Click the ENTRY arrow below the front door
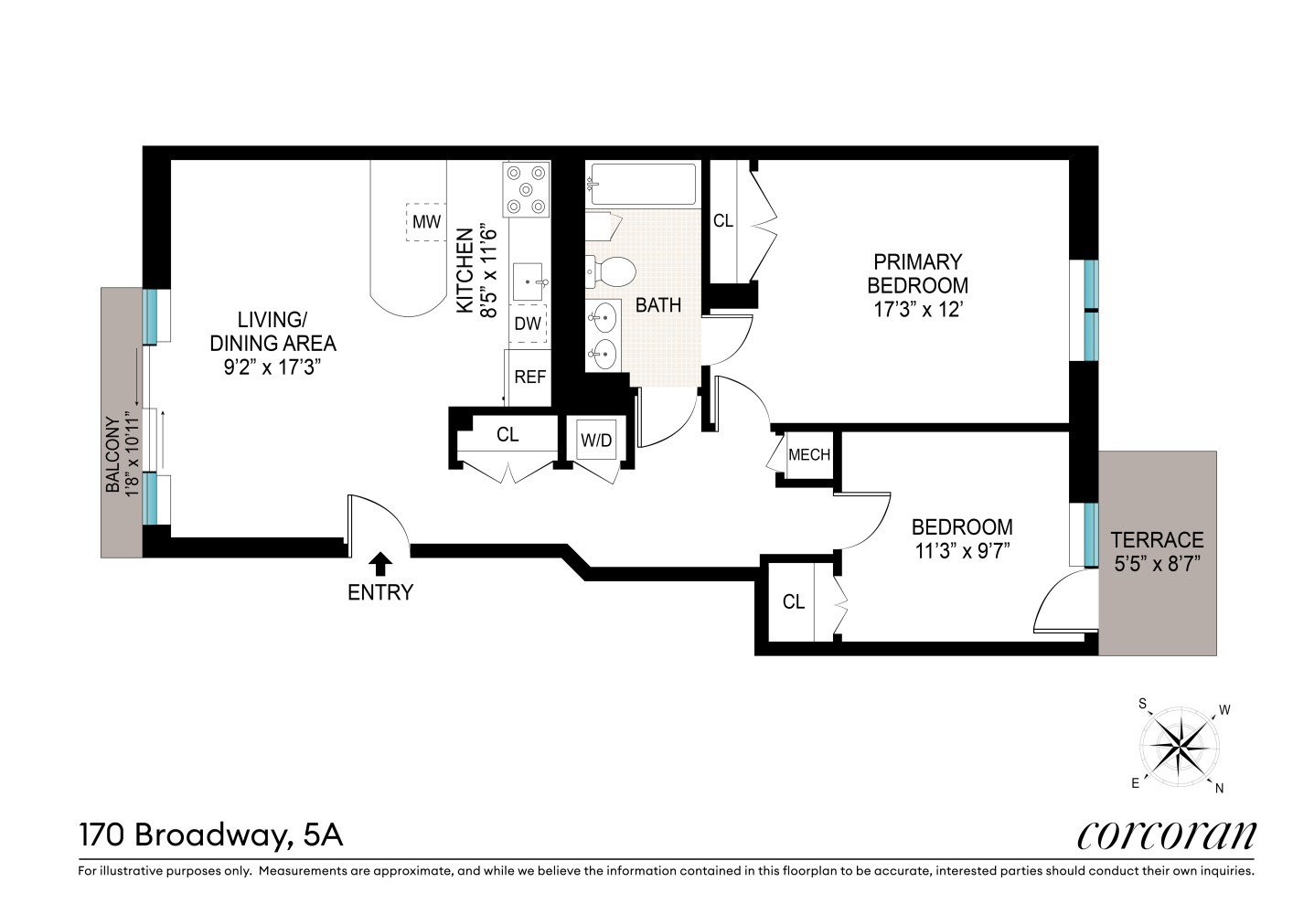coord(379,564)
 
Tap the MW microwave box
coord(426,221)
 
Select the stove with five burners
coord(526,189)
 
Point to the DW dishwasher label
coord(528,324)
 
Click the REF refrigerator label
coord(529,377)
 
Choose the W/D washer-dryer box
coord(596,440)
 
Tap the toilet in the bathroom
coord(611,271)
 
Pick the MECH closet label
coord(809,454)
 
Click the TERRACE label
coord(1158,539)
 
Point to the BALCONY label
coord(113,454)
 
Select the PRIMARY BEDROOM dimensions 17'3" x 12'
coord(917,310)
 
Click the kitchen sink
coord(529,282)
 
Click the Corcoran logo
coord(1166,835)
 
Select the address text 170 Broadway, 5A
coord(210,835)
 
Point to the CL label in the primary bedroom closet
coord(723,220)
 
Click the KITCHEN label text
coord(465,271)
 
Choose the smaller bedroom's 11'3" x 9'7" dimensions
coord(962,551)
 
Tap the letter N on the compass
coord(1219,788)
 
